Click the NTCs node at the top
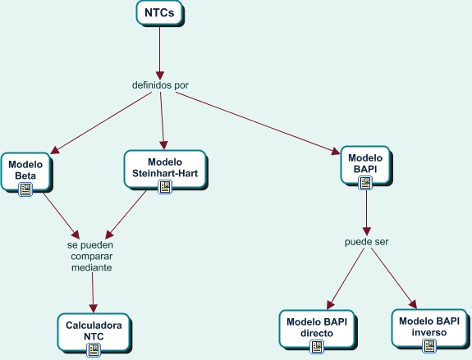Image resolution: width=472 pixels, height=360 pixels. click(158, 13)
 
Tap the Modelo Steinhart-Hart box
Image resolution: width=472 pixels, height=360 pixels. click(164, 165)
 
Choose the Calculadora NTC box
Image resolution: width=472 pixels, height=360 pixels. click(94, 330)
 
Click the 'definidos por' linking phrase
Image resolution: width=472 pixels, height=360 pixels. click(161, 84)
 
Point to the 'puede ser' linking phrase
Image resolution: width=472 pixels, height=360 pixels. click(366, 243)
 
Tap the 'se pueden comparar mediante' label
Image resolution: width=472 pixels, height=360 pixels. click(90, 256)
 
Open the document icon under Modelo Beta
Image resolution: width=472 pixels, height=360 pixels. click(26, 189)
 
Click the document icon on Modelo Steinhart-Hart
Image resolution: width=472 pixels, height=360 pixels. click(165, 187)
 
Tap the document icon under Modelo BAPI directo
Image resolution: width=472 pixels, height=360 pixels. click(317, 348)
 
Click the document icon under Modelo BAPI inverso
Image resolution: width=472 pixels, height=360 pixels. click(428, 346)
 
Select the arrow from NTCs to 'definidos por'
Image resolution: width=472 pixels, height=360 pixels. click(159, 49)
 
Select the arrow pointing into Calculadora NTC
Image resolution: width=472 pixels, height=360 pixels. click(93, 291)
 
